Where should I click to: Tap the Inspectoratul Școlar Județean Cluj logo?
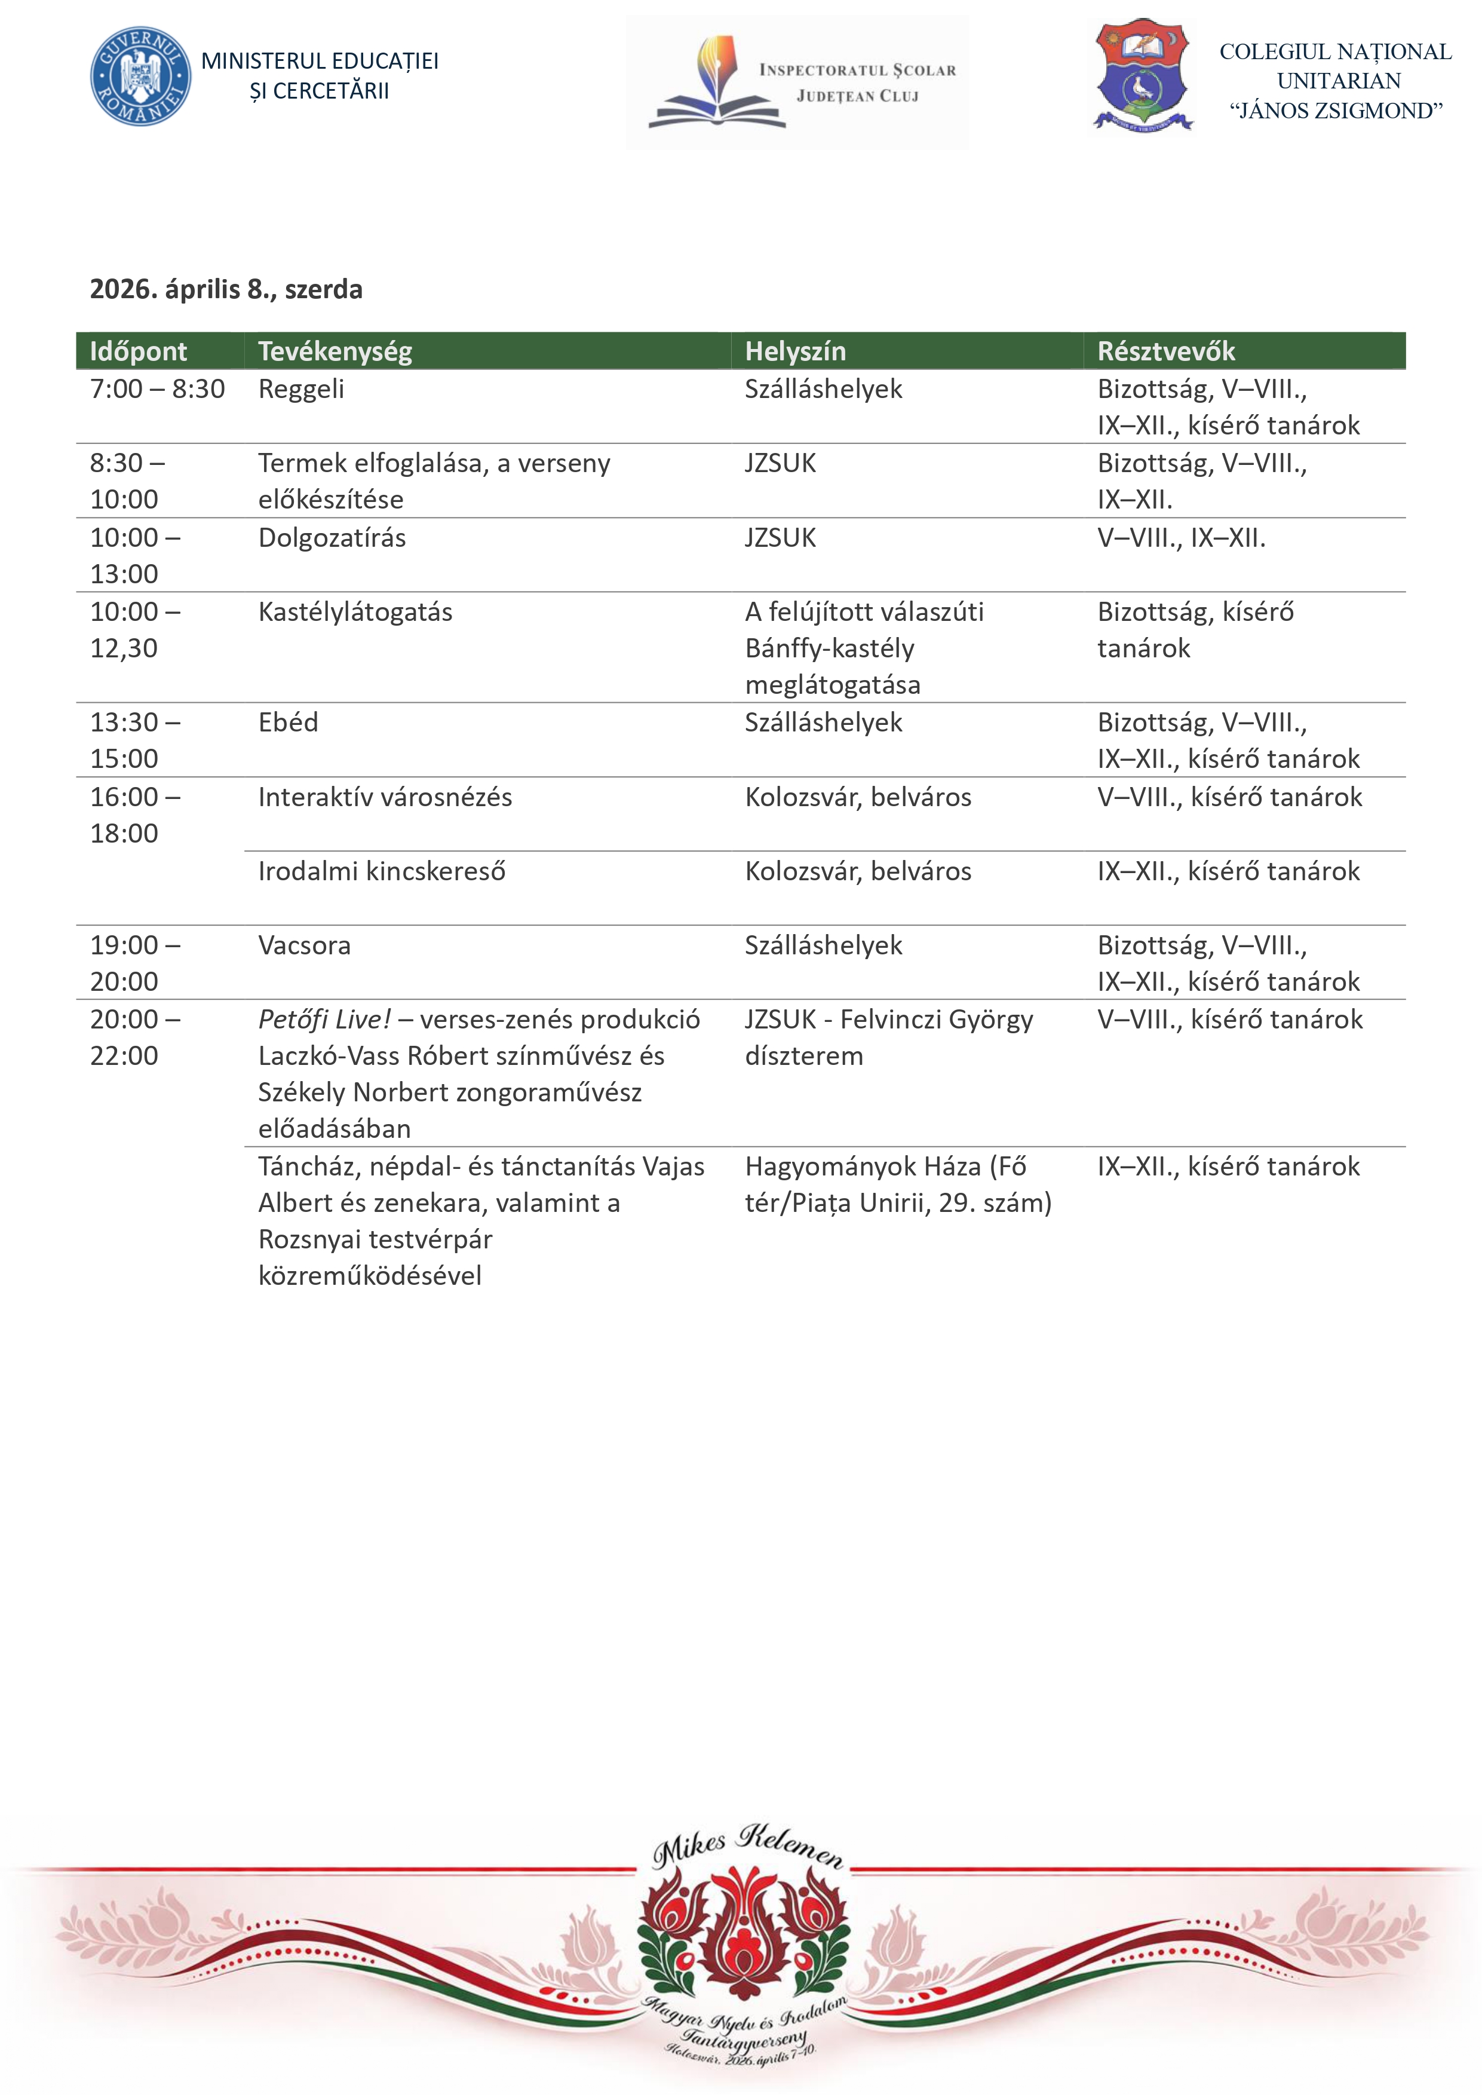[x=797, y=82]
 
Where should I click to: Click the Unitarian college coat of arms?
[x=1143, y=74]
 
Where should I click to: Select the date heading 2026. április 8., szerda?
[x=226, y=289]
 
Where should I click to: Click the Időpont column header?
[x=138, y=351]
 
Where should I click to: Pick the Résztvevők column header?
[x=1165, y=351]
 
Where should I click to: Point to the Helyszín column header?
[x=794, y=351]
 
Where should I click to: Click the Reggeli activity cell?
[x=301, y=389]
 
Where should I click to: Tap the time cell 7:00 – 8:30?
[x=157, y=389]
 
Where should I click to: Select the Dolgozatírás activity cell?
[x=332, y=538]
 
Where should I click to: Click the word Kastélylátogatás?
[x=355, y=612]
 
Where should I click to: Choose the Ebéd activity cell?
[x=289, y=723]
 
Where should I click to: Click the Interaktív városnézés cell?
[x=385, y=797]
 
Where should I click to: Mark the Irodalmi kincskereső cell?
[x=382, y=871]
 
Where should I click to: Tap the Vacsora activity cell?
[x=304, y=945]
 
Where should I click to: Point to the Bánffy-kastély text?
[x=829, y=648]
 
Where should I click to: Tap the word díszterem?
[x=803, y=1056]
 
